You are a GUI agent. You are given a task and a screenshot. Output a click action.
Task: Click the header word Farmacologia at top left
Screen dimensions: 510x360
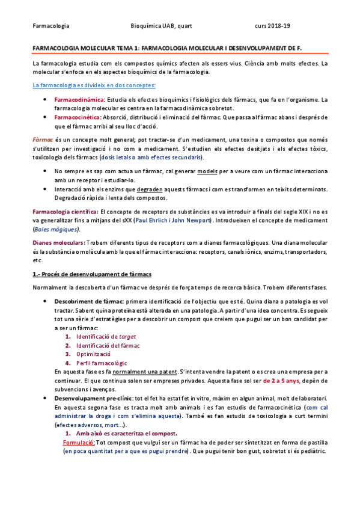click(50, 26)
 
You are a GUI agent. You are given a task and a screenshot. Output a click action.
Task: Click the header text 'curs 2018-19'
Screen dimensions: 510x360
click(273, 26)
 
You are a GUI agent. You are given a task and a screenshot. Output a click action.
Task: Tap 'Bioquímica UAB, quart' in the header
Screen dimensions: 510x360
click(160, 26)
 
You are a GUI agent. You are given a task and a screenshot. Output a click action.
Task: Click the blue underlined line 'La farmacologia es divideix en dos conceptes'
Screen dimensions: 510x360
click(94, 85)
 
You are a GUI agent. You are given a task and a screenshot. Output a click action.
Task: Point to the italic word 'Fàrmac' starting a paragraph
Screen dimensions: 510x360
click(43, 139)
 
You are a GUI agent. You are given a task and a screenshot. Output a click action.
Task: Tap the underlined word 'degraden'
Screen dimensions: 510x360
click(160, 189)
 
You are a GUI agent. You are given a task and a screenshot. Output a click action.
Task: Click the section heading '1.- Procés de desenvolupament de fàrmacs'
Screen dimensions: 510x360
click(93, 274)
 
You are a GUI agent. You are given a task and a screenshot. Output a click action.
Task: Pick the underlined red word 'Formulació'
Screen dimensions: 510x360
click(79, 443)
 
